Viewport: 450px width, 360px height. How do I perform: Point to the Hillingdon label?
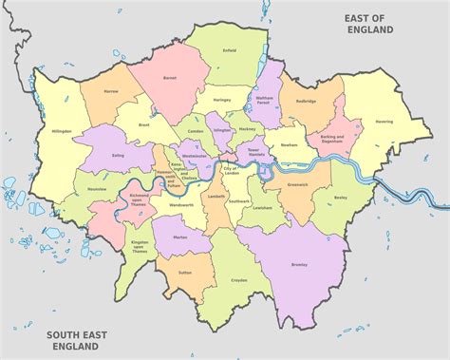pos(61,131)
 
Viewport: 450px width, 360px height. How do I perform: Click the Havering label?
pos(384,122)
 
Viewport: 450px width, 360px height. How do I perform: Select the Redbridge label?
pos(305,100)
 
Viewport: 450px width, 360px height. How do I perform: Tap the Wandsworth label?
pos(181,204)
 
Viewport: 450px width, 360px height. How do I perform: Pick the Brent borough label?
pos(145,125)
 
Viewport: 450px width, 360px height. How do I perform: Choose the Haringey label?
pos(222,100)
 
